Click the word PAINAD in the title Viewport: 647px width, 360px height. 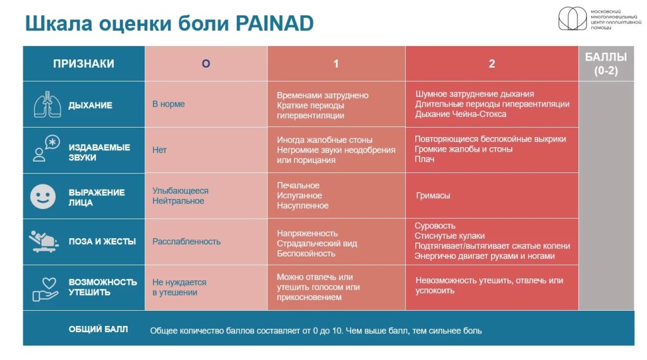point(274,23)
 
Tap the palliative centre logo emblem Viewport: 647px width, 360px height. point(572,18)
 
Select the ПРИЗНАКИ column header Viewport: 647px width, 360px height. point(83,64)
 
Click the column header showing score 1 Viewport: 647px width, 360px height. point(336,64)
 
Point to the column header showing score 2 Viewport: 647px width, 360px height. point(492,64)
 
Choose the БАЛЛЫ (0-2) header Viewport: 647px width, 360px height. point(606,64)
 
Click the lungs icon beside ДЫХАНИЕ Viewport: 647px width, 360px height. point(47,104)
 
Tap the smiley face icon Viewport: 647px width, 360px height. point(43,196)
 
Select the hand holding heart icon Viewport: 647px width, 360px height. point(45,289)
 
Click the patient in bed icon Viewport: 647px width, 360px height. point(44,241)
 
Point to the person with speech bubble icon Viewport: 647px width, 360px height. point(46,148)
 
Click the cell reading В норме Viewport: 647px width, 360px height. point(168,104)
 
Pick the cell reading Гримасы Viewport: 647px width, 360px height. point(433,195)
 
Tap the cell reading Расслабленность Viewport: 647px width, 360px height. point(186,241)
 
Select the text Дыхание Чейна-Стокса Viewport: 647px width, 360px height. point(461,114)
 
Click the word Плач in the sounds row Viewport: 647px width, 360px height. point(425,159)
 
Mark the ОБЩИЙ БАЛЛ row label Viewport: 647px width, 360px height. point(98,329)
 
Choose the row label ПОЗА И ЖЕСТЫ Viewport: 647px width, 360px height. point(102,241)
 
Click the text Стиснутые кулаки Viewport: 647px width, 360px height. point(450,236)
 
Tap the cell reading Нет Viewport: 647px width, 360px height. point(159,150)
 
